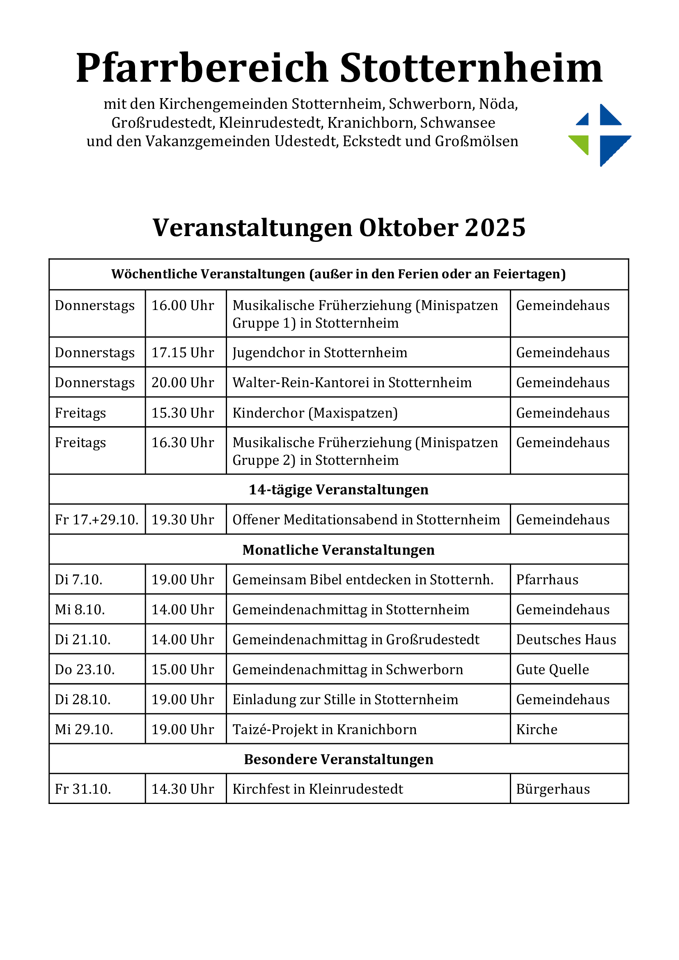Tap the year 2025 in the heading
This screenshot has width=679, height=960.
click(495, 228)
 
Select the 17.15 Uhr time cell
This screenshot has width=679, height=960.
click(183, 352)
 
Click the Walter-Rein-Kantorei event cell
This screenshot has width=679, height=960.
click(352, 383)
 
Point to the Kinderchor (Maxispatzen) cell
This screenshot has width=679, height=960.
click(315, 413)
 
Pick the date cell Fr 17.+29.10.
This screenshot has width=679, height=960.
click(96, 520)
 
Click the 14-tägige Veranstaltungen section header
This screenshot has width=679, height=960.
click(339, 489)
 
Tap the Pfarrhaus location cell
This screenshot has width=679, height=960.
click(547, 580)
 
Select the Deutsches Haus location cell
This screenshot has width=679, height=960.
click(566, 640)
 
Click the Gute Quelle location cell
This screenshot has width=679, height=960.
click(552, 670)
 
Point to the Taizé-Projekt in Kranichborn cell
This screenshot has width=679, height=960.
click(324, 730)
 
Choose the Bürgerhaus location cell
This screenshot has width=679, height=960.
click(553, 790)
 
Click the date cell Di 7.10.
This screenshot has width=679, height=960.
click(78, 580)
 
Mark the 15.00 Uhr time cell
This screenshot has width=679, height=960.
click(183, 670)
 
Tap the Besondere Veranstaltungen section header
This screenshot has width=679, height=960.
click(339, 759)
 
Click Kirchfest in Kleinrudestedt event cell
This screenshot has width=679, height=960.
click(318, 790)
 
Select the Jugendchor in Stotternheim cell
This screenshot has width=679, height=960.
click(320, 352)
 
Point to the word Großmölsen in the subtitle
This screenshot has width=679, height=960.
click(476, 141)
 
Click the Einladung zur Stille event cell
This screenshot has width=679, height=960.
click(345, 700)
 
